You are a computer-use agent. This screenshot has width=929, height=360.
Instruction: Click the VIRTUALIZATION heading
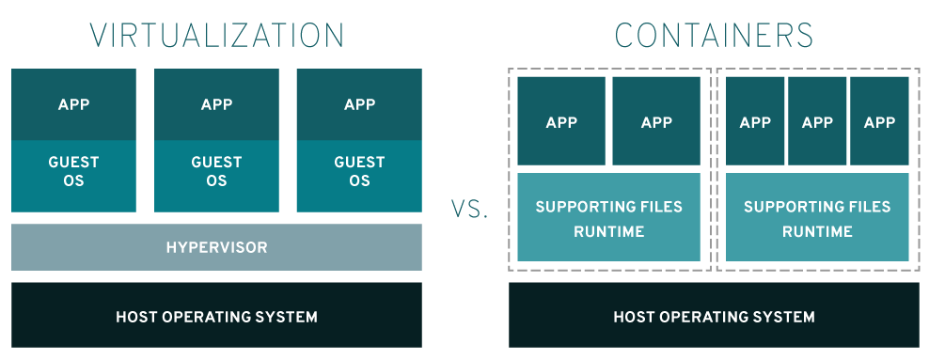click(216, 35)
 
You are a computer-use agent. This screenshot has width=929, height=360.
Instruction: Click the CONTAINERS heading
click(714, 35)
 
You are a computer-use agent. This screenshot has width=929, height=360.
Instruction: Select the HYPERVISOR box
click(216, 248)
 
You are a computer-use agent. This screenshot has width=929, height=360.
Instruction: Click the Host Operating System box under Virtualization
click(216, 316)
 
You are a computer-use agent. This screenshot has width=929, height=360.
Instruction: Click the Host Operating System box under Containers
click(714, 316)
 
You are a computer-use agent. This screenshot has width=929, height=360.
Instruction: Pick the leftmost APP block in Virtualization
click(73, 104)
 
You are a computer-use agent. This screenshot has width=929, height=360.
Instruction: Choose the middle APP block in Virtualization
click(216, 104)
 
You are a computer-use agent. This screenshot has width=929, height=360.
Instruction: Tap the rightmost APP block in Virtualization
click(359, 104)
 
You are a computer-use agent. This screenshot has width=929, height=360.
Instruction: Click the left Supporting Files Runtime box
click(608, 217)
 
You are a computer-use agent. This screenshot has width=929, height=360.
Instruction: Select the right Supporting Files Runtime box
click(817, 217)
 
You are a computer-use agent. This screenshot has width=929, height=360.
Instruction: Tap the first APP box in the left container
click(561, 121)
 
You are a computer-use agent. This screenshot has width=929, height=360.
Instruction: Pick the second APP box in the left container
click(656, 121)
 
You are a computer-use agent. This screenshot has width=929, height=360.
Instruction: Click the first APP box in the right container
click(755, 121)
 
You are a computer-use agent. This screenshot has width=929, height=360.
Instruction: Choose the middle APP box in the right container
click(817, 121)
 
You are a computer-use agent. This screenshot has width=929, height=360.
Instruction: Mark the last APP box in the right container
click(879, 121)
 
